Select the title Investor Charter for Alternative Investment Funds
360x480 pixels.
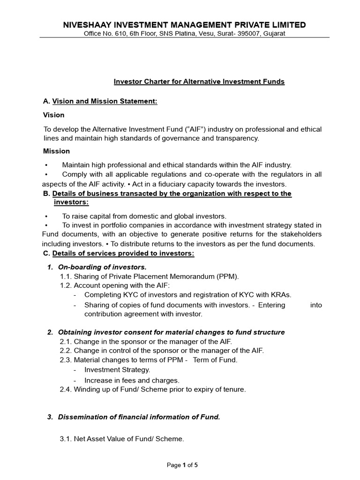(x=199, y=82)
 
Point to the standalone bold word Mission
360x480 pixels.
(x=56, y=151)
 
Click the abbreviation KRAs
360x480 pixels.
(x=279, y=295)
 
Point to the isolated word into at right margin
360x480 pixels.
(x=316, y=305)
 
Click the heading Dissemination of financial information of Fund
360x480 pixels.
(x=139, y=417)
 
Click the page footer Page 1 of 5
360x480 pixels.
(x=183, y=465)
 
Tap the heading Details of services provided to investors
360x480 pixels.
(x=123, y=254)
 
